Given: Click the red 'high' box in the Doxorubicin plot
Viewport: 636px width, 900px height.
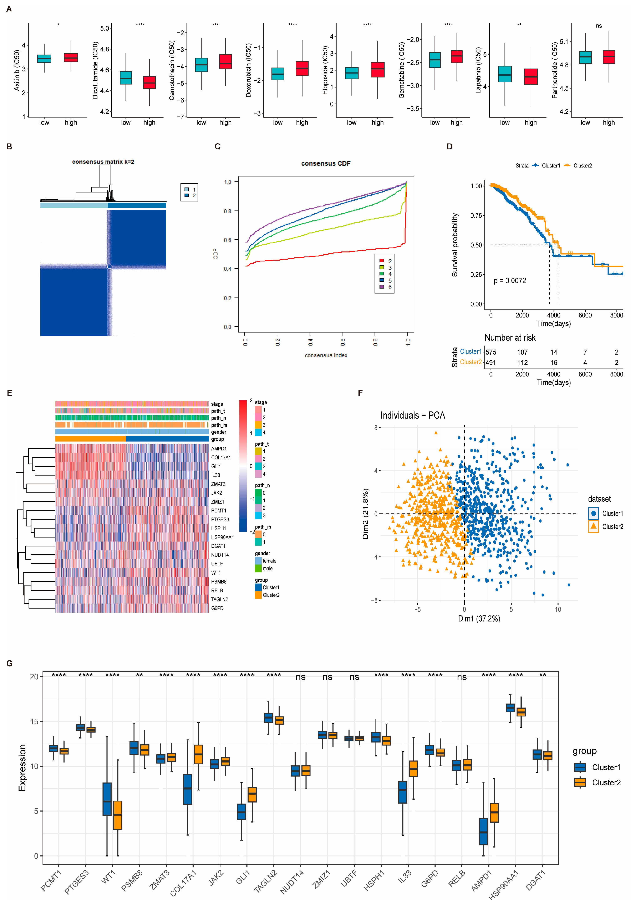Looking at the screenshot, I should [302, 69].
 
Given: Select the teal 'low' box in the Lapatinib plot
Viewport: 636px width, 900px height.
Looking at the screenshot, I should [505, 74].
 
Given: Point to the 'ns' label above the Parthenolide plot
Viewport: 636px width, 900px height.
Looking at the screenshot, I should [599, 26].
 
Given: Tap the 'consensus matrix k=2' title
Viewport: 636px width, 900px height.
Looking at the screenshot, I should [103, 162].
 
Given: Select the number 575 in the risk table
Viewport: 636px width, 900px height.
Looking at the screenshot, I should [491, 352].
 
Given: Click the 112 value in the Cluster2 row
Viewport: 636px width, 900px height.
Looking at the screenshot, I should [522, 362].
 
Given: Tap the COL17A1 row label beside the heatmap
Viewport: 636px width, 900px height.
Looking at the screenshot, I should [221, 457].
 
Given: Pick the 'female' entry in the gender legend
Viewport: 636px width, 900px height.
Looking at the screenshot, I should [269, 561].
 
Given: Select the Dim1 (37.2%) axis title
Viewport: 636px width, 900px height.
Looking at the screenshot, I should [479, 619].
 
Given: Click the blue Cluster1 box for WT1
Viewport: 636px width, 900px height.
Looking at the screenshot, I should [107, 799].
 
